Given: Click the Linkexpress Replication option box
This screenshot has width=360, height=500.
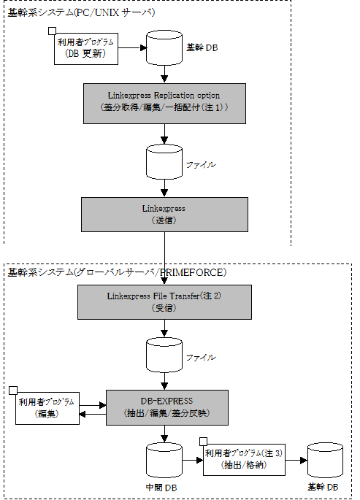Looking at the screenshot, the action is tap(164, 104).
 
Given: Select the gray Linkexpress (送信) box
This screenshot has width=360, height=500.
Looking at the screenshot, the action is tap(164, 215).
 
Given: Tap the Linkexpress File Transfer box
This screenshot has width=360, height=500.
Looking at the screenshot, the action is tap(164, 302).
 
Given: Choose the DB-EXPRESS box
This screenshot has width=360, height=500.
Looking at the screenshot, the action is tap(167, 407).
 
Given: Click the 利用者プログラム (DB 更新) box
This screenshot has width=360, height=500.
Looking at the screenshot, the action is tap(86, 49).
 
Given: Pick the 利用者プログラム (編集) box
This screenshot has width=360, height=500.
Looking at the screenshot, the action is tap(47, 408).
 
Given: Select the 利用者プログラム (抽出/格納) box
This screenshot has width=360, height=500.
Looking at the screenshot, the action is tap(244, 460).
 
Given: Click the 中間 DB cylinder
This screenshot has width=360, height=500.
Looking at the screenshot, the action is tap(164, 460).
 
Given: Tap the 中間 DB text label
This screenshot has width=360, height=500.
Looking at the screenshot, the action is tap(161, 488).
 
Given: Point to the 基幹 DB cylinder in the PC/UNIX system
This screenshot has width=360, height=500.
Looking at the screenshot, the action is tap(164, 48).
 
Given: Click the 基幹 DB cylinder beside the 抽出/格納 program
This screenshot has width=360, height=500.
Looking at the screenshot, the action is tap(325, 460).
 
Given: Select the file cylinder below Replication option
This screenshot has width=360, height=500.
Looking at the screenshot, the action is tap(164, 162).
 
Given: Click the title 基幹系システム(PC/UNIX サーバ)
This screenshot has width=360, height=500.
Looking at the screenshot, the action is tap(81, 12).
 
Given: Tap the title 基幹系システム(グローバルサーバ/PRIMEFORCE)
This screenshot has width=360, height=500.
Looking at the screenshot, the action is tap(117, 273).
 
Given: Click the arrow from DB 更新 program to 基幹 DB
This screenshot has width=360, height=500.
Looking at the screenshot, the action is tap(132, 48).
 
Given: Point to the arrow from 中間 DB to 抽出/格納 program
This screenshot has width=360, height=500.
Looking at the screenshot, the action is tap(193, 460).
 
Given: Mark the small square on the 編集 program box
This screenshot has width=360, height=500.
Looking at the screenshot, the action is tap(13, 391).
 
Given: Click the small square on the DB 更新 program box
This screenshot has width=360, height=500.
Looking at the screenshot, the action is tap(52, 31).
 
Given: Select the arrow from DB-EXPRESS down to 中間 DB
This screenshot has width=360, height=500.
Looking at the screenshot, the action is tap(164, 434).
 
